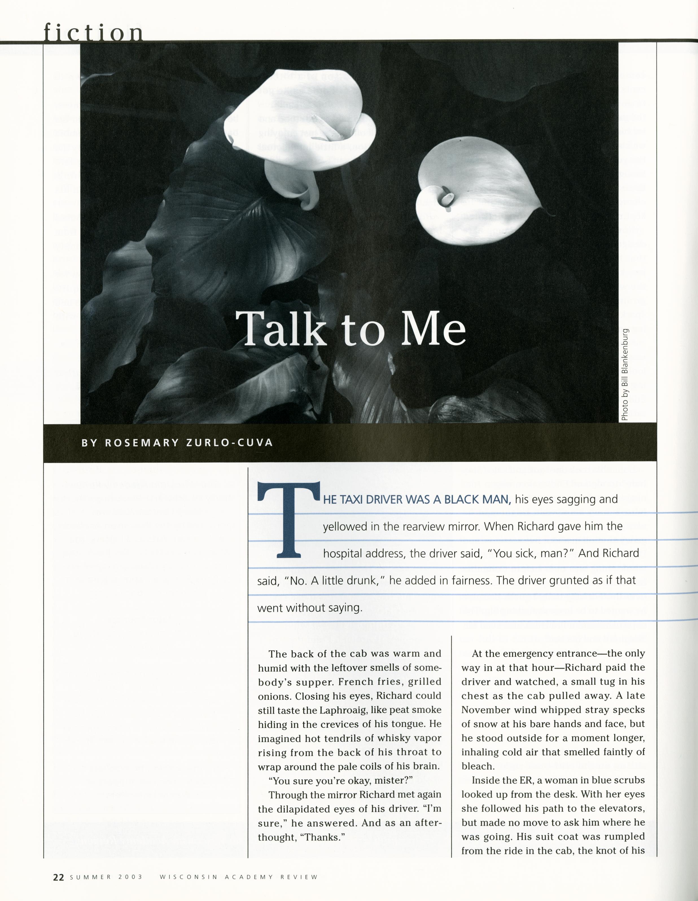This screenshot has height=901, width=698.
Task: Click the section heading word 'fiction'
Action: click(x=94, y=32)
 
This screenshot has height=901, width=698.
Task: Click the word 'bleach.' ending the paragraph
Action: click(x=477, y=767)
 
